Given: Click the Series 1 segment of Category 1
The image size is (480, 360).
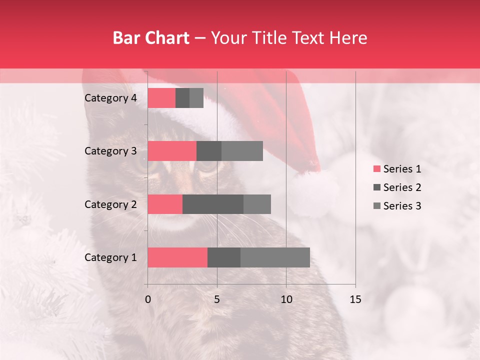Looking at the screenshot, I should tap(177, 257).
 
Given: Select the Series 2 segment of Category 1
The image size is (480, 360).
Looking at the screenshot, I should tap(224, 257).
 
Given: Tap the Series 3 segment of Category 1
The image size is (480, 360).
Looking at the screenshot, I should tap(275, 257).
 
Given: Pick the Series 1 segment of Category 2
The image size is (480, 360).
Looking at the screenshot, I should tap(165, 204).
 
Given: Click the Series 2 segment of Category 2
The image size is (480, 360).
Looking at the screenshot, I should tap(213, 204).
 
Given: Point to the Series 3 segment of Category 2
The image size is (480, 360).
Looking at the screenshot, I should tap(257, 204).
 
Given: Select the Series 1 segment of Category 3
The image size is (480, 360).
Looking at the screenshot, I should tap(172, 151).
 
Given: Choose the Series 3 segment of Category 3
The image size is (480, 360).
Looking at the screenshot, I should tap(242, 151).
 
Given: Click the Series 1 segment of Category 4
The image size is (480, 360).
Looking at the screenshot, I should tap(161, 98).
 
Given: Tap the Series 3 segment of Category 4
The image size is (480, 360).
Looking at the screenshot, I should tap(196, 98).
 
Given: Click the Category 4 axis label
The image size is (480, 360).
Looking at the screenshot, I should tap(110, 98).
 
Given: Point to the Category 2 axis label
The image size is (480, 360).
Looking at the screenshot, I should tap(110, 204).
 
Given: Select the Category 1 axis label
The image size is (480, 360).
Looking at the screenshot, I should tap(110, 257).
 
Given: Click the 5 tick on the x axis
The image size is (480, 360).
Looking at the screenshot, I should tap(217, 299).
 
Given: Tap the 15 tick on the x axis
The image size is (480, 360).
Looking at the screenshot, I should tap(355, 299).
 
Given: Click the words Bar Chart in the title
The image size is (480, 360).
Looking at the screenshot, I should tap(151, 37).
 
